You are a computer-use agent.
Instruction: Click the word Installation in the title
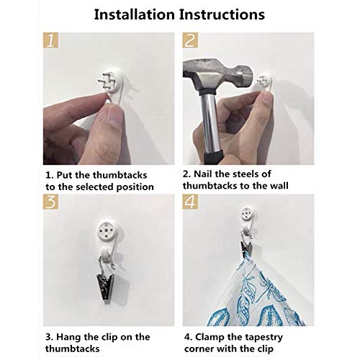pos(135,14)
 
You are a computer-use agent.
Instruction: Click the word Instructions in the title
pos(222,14)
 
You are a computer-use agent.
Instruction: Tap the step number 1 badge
pos(50,40)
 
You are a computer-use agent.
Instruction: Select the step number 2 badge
pos(190,40)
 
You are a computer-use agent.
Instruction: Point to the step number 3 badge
pos(50,202)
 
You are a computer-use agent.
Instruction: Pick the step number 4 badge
pos(190,202)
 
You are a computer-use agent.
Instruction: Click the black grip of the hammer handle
pos(214,156)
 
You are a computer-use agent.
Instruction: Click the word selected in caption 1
pos(95,187)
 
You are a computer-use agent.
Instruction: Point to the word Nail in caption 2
pos(203,174)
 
